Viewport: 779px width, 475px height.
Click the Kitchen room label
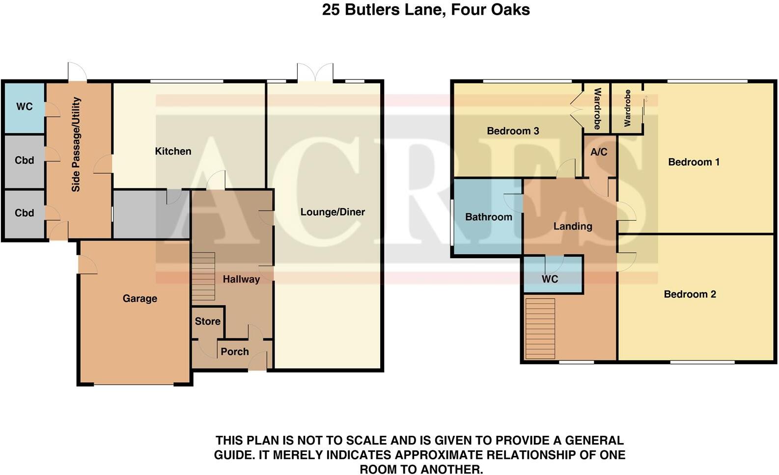point(173,151)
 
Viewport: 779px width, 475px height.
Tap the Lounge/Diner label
point(333,212)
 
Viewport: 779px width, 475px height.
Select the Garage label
point(140,298)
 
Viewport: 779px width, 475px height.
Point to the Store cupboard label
point(207,321)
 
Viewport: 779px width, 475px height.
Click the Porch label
point(234,352)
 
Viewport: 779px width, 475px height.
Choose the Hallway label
point(241,279)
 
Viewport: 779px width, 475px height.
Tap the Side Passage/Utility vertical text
point(76,144)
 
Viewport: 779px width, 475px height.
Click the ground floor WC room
point(25,107)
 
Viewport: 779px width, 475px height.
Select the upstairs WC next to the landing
point(550,279)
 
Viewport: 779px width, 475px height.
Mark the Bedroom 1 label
point(694,162)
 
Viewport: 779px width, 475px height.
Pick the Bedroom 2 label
point(690,294)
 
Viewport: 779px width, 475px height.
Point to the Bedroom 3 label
point(513,131)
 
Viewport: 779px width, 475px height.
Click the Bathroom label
point(488,217)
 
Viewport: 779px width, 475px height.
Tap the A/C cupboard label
point(599,152)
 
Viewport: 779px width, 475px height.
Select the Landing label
point(573,226)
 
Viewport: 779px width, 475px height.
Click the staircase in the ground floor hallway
point(203,276)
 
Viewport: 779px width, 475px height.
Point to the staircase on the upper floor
point(540,328)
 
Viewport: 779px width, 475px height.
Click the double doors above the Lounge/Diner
point(315,73)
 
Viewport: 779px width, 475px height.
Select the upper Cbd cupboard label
point(25,160)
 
